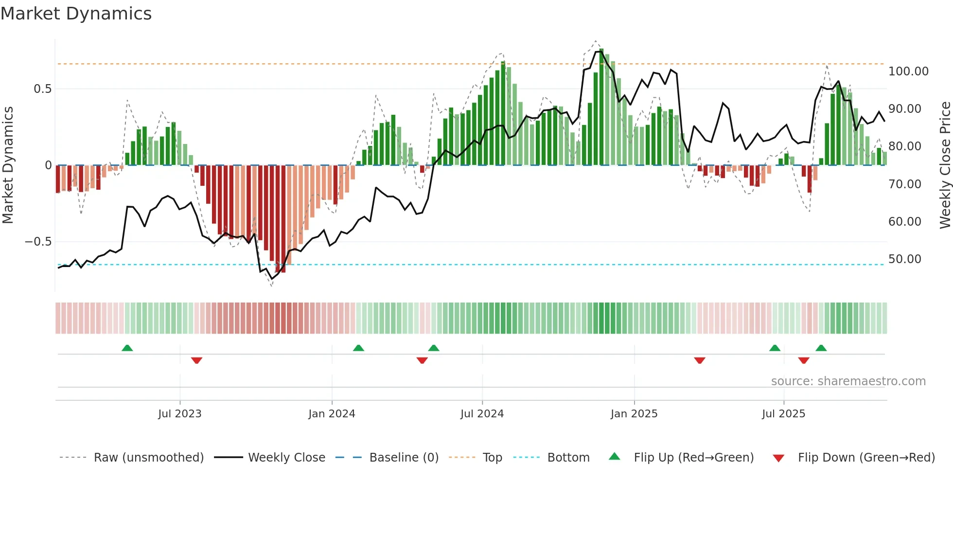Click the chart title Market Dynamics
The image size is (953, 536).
coord(76,14)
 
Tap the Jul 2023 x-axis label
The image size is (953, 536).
coord(179,414)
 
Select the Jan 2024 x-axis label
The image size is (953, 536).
coord(332,414)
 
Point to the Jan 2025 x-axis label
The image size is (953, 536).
coord(634,414)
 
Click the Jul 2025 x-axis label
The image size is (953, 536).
coord(783,414)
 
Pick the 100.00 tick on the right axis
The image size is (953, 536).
coord(908,71)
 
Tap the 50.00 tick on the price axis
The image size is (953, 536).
coord(904,259)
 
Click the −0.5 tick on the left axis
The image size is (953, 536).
coord(38,242)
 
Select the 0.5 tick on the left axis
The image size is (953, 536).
coord(42,89)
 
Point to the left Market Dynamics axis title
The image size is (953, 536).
coord(8,165)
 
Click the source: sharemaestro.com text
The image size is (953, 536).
coord(848,381)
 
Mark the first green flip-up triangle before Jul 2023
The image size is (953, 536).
coord(127,348)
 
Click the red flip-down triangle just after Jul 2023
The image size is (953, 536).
coord(196,360)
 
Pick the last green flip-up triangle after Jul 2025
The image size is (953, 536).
coord(821,348)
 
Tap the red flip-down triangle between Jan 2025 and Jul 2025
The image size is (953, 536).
coord(699,360)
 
